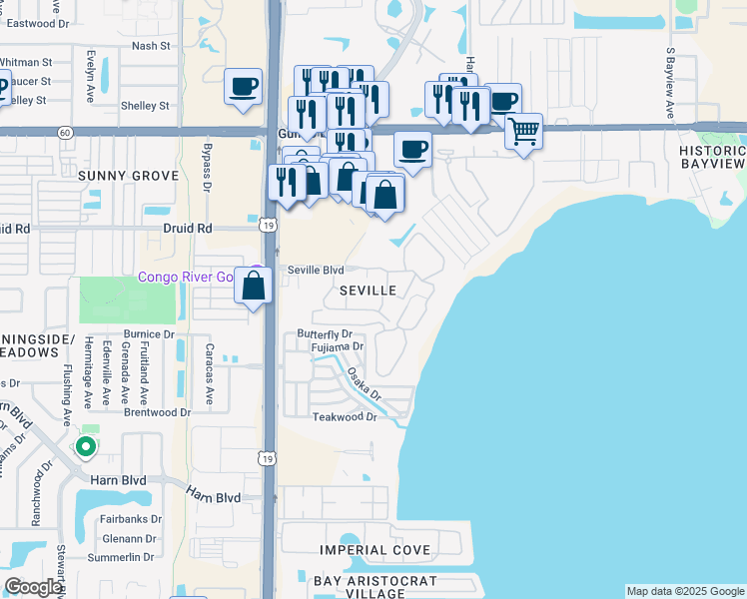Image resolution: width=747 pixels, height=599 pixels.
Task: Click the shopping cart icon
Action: [x=523, y=131]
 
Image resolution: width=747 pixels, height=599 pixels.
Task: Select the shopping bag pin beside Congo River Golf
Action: [x=255, y=287]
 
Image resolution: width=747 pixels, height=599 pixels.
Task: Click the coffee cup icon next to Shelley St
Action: [x=243, y=87]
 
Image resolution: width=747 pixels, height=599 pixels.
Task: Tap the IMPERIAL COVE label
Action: [x=374, y=550]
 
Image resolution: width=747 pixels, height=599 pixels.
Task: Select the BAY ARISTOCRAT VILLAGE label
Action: [x=373, y=587]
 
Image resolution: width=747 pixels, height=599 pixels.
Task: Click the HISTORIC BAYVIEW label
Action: [x=712, y=157]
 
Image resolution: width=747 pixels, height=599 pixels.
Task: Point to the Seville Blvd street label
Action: [x=316, y=271]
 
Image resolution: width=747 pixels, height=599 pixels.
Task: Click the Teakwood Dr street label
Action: [x=344, y=417]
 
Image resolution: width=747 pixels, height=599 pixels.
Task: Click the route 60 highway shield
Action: [x=64, y=132]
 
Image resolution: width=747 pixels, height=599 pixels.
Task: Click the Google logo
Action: [x=32, y=587]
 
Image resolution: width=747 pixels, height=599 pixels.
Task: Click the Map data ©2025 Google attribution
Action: [x=685, y=591]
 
